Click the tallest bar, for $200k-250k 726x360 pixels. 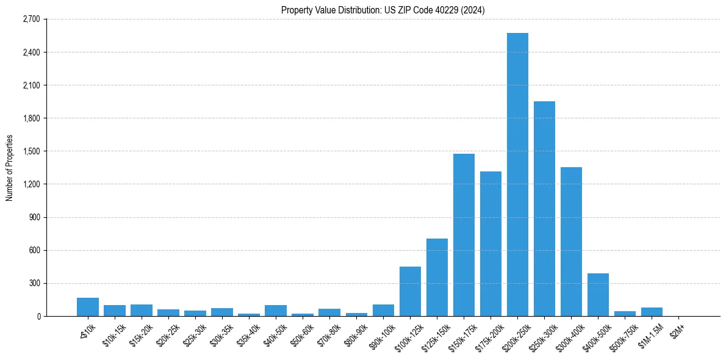pos(517,175)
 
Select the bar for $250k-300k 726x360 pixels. pos(544,209)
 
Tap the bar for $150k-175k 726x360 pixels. pos(464,235)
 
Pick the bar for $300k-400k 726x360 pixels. pos(571,242)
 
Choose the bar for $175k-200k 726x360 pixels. pos(491,244)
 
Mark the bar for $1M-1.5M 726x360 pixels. pos(652,312)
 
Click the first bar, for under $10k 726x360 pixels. pos(88,307)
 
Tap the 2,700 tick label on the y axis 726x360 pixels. pos(31,20)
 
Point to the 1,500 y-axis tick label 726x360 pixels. pos(31,151)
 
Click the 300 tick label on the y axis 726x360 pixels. pos(33,283)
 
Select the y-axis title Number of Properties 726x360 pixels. pos(10,167)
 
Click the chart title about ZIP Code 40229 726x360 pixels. pos(383,10)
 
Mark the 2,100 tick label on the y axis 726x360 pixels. pos(31,85)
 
